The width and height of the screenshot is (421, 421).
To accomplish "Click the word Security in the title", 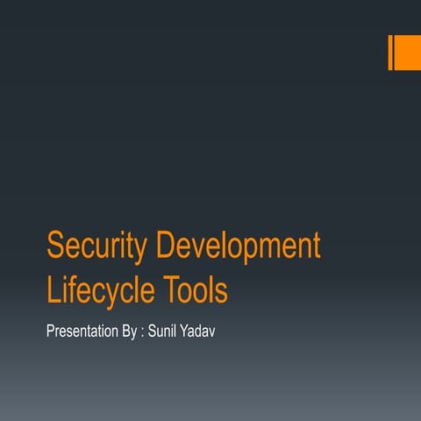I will pyautogui.click(x=96, y=247).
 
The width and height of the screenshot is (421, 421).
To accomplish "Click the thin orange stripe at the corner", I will pyautogui.click(x=390, y=53).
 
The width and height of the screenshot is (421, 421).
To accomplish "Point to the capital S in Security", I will pyautogui.click(x=54, y=247).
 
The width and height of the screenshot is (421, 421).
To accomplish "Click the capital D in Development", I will pyautogui.click(x=165, y=247).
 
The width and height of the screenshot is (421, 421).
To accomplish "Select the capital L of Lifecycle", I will pyautogui.click(x=52, y=289).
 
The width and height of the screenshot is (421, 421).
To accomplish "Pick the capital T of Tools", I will pyautogui.click(x=171, y=289).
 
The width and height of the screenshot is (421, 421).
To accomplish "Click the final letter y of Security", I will pyautogui.click(x=141, y=251).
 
